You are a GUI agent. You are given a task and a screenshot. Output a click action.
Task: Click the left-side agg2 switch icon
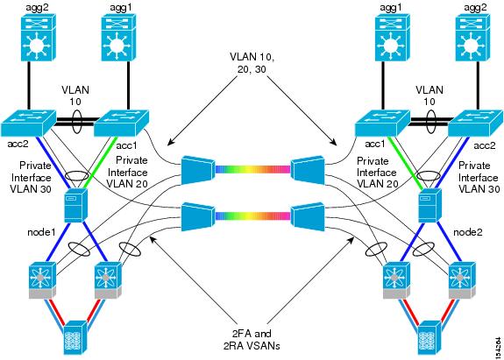click(39, 37)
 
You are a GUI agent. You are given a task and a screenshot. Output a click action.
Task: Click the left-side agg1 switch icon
click(118, 37)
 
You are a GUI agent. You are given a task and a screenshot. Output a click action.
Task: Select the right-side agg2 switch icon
click(473, 37)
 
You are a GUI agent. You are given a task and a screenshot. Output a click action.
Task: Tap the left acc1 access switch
click(121, 123)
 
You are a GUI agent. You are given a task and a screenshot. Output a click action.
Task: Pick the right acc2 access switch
click(476, 123)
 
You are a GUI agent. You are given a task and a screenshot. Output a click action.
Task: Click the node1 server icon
click(75, 205)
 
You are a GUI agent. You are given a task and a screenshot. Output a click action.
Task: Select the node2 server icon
click(429, 205)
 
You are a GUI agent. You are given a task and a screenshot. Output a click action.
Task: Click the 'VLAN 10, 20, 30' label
click(252, 62)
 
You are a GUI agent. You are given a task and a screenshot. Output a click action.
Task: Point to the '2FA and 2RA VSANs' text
click(252, 339)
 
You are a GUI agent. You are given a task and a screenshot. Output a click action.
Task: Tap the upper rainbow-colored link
click(252, 169)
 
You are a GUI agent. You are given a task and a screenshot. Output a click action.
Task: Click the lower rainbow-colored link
click(252, 215)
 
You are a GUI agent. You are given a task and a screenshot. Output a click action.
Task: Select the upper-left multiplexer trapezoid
click(198, 170)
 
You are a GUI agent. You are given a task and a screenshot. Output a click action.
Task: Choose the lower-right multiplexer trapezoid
click(308, 216)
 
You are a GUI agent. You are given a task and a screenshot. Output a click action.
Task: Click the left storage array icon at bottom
click(75, 338)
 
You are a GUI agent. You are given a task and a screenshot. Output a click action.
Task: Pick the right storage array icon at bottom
click(429, 338)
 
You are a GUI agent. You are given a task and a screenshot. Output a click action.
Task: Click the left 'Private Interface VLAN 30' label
click(31, 177)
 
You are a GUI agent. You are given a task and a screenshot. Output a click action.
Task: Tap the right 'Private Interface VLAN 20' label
click(377, 173)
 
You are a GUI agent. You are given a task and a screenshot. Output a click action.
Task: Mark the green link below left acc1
click(97, 162)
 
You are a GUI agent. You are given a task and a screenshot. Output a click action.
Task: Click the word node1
click(41, 232)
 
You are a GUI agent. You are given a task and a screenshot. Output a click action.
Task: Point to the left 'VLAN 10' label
click(75, 95)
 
